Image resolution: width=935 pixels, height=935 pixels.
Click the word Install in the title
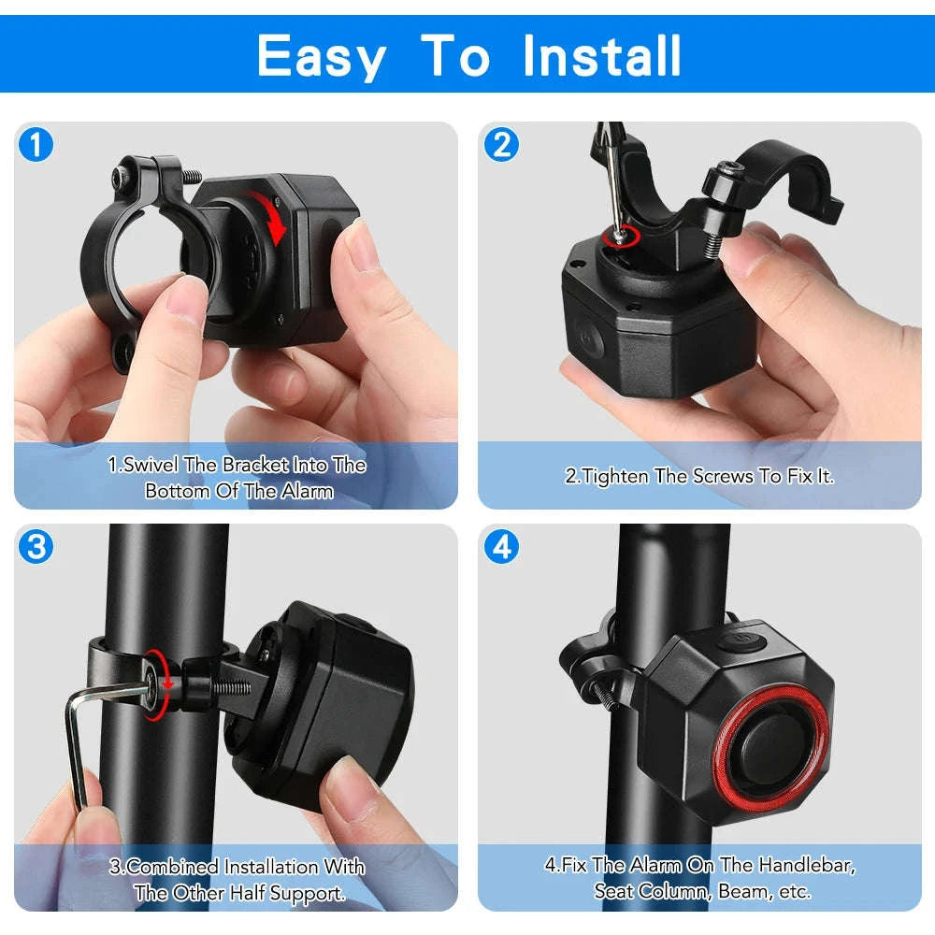(x=602, y=56)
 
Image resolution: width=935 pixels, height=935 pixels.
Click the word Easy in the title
(x=321, y=56)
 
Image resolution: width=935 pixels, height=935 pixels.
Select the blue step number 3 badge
(x=36, y=547)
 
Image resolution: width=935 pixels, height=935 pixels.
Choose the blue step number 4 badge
(x=502, y=547)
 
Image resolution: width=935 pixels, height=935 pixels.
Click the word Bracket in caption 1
(x=255, y=465)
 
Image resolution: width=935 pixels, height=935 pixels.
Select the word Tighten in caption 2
(x=615, y=476)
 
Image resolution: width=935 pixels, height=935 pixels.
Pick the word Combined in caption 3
(x=171, y=867)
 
